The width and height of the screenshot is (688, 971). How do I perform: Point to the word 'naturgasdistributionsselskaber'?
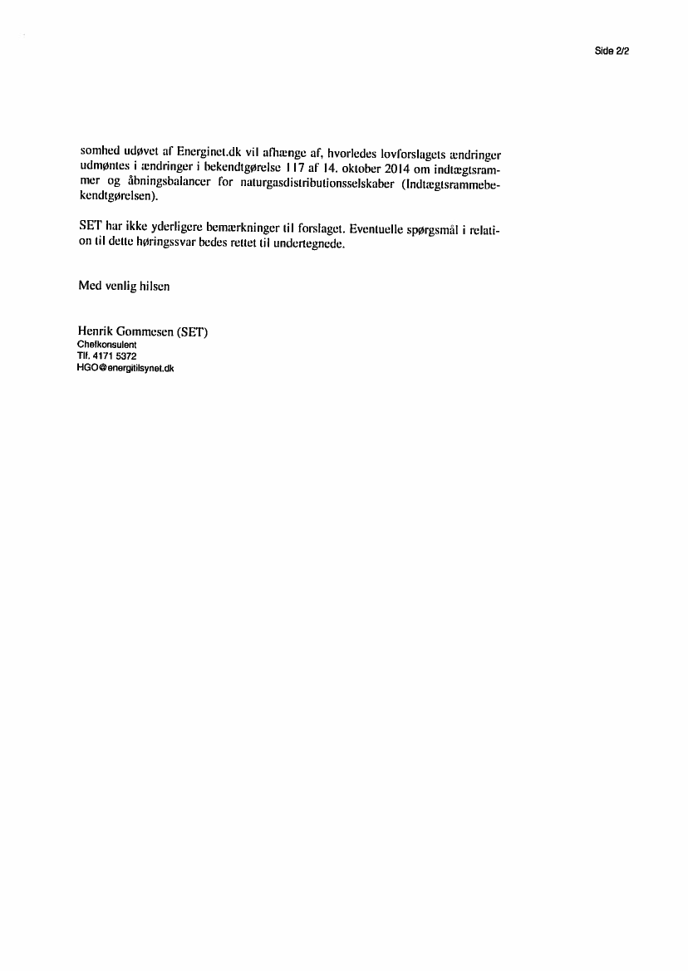[328, 184]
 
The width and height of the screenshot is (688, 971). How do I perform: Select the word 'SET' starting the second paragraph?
[90, 228]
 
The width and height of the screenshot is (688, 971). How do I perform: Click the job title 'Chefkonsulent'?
[106, 344]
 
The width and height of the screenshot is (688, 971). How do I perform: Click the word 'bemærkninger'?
[240, 228]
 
